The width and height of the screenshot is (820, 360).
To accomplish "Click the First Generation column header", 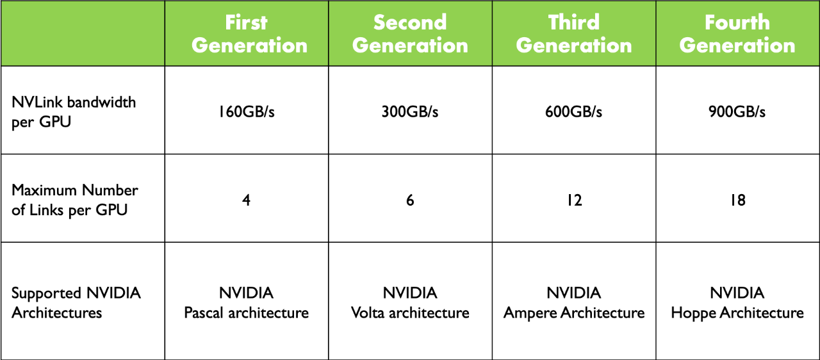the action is click(249, 34).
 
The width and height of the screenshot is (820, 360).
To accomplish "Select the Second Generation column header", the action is click(410, 34).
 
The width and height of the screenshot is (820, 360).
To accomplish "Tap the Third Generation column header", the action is click(573, 34).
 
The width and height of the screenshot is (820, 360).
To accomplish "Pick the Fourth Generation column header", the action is click(737, 34).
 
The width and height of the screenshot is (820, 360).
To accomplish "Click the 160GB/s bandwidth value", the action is click(247, 111).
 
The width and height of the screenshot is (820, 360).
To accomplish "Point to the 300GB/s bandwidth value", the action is click(410, 111).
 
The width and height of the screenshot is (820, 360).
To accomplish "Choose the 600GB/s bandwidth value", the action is click(573, 111).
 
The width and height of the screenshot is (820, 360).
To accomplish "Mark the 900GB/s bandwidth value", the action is click(737, 111).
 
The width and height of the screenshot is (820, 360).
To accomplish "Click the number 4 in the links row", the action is click(247, 200).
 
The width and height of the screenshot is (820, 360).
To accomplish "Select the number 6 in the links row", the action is click(410, 200).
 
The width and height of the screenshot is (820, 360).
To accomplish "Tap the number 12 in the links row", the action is click(575, 200).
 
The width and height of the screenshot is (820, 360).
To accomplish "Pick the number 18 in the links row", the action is click(738, 200).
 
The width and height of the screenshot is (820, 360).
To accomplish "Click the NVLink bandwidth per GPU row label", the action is click(74, 112).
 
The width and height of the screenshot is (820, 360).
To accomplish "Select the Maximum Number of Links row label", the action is click(75, 200).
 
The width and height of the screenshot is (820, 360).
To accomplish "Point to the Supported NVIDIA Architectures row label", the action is click(76, 302).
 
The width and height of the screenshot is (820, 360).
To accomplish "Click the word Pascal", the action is click(204, 313).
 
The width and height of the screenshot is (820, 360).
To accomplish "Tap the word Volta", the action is click(368, 313).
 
